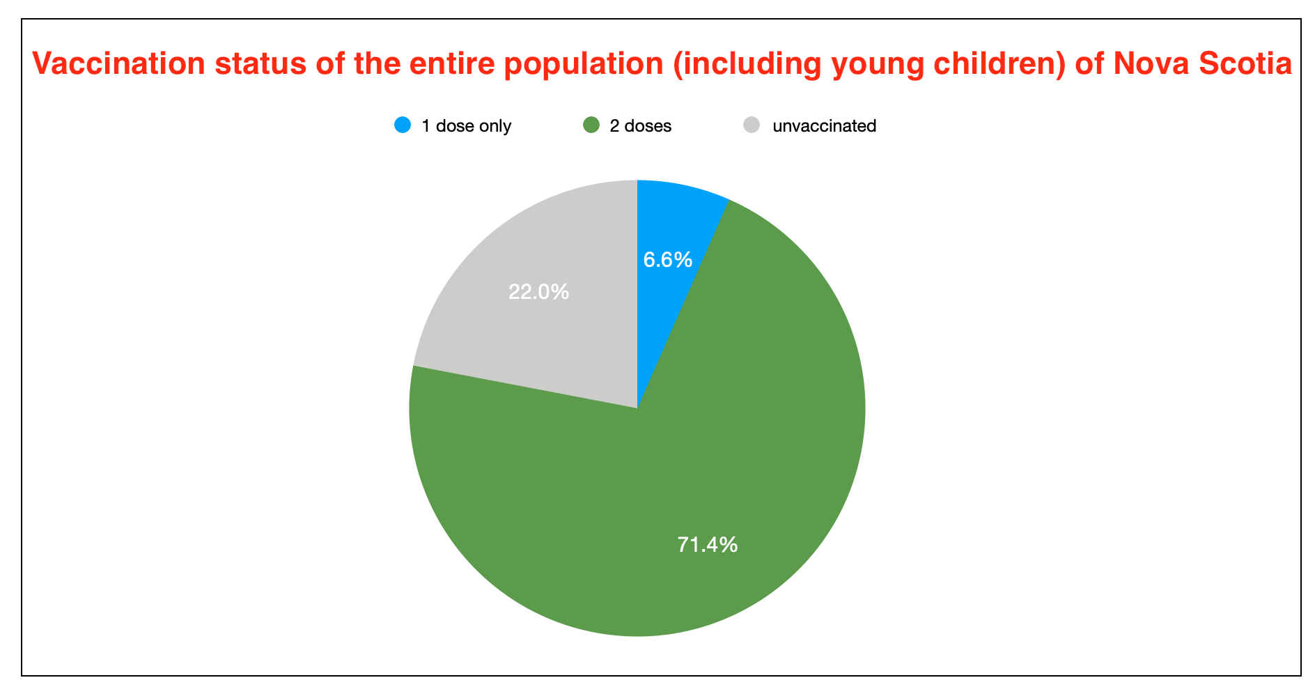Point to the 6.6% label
(x=667, y=260)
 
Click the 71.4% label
(x=707, y=544)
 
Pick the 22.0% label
(x=538, y=291)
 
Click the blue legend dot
(x=403, y=125)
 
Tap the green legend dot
(x=591, y=125)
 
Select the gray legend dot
(x=752, y=125)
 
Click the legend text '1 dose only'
(x=466, y=126)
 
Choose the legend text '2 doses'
(x=640, y=126)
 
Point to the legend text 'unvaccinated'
(x=824, y=126)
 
